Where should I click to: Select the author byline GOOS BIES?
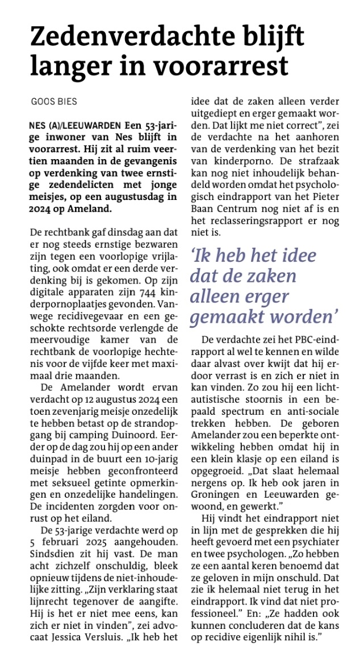tap(54, 102)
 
